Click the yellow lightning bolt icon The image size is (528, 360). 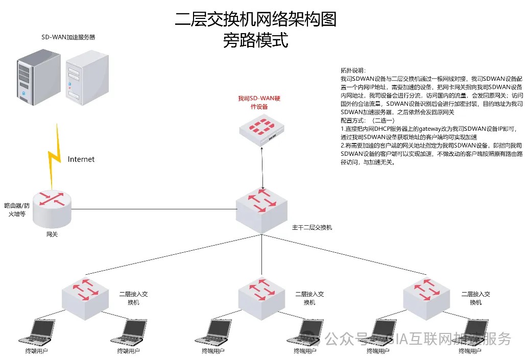(55, 153)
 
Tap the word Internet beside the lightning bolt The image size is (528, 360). (81, 159)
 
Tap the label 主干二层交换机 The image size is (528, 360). (311, 227)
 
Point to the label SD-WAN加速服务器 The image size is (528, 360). (68, 37)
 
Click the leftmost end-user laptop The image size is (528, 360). (36, 332)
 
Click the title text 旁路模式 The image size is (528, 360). (255, 40)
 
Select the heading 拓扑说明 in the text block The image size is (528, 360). (353, 70)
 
